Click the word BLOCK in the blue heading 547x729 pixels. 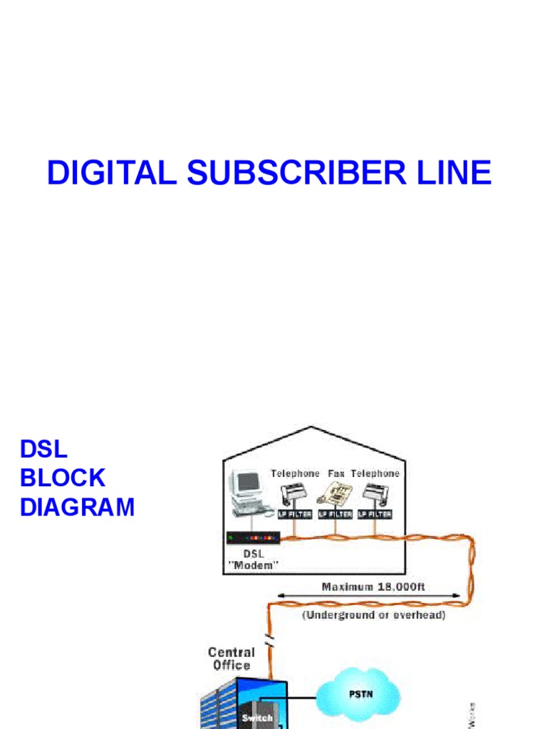[63, 478]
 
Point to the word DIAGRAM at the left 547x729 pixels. [77, 508]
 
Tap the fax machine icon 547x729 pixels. [335, 492]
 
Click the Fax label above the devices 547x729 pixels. [336, 473]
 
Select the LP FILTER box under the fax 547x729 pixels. [335, 513]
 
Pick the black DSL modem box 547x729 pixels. [252, 538]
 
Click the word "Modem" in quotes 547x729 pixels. [253, 565]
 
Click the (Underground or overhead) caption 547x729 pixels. [374, 615]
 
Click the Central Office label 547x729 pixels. [231, 659]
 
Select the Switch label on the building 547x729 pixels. [257, 718]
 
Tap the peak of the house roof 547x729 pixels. [311, 427]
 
